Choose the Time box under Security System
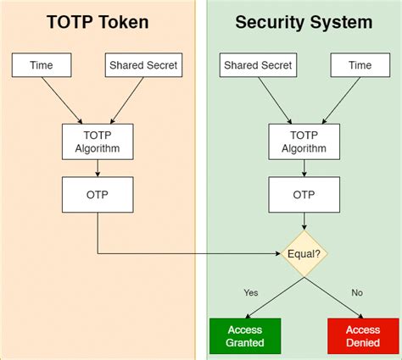pyautogui.click(x=360, y=65)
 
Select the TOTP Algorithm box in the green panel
pyautogui.click(x=304, y=141)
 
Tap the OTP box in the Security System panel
pyautogui.click(x=304, y=195)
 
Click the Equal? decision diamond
pyautogui.click(x=304, y=252)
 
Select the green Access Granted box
pyautogui.click(x=245, y=335)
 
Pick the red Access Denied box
pyautogui.click(x=362, y=335)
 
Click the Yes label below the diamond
pyautogui.click(x=251, y=292)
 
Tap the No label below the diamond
pyautogui.click(x=356, y=292)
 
